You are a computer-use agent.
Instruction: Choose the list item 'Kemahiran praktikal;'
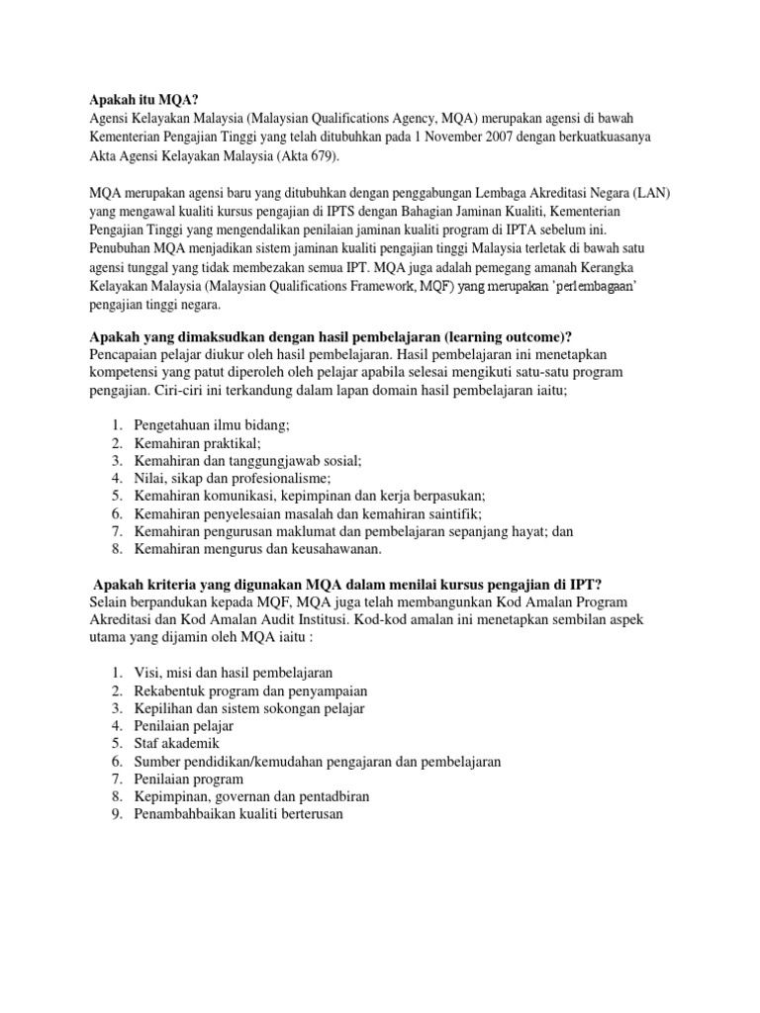pos(197,443)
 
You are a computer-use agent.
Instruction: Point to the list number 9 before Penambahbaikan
pos(116,814)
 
